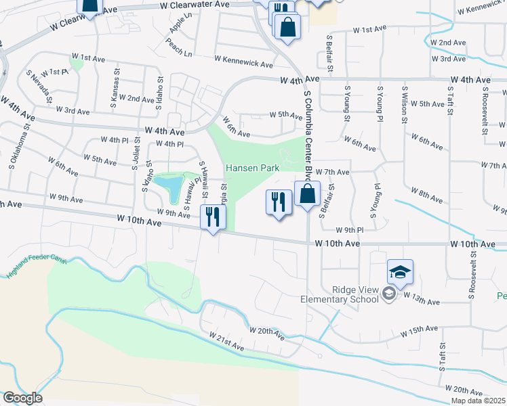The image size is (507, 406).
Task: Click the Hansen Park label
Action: click(252, 168)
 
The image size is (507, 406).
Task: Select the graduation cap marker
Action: click(400, 272)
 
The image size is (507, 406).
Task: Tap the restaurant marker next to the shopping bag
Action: click(279, 202)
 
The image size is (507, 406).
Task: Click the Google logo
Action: click(22, 398)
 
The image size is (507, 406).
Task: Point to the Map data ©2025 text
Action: click(479, 401)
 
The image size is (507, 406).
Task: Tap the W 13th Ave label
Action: click(422, 298)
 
